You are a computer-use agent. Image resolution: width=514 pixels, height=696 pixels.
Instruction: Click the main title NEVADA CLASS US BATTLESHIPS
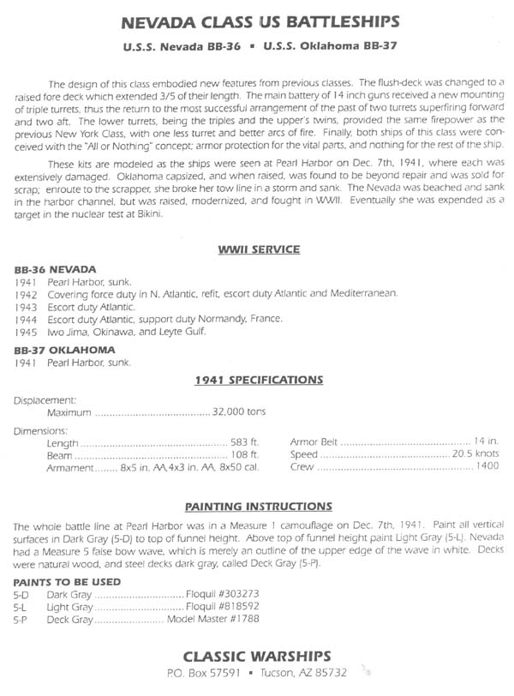[257, 21]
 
